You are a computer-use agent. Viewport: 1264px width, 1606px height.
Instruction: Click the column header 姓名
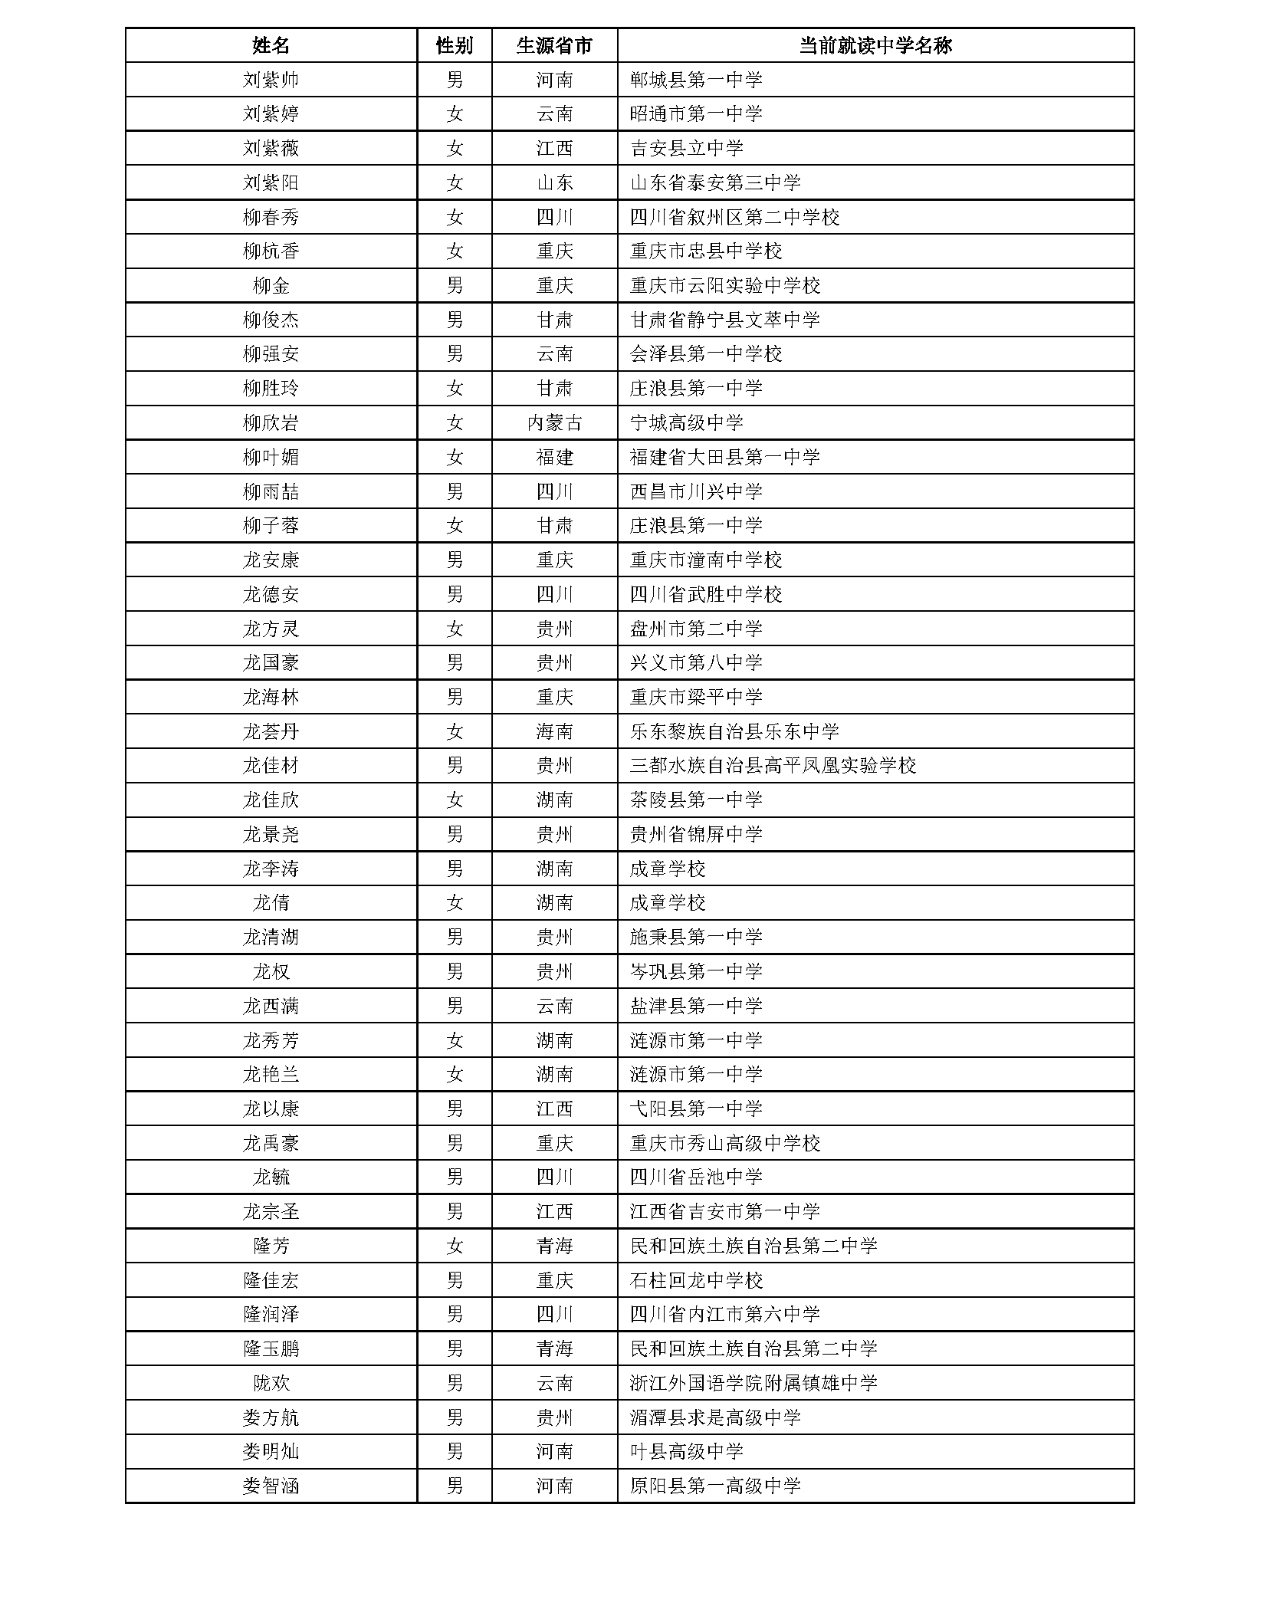271,46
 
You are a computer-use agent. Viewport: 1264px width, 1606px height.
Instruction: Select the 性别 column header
455,46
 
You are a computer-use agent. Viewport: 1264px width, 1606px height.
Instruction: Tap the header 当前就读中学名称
875,46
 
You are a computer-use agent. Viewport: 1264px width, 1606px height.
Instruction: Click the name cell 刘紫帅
271,80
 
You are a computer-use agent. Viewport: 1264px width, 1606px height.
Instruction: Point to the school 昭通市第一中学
696,114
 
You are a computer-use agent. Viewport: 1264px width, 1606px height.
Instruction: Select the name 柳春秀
271,217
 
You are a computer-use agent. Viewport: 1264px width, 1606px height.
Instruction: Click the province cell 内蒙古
554,422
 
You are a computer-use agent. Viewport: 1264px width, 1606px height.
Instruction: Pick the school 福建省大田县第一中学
724,457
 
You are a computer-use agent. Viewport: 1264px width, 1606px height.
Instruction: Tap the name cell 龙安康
271,560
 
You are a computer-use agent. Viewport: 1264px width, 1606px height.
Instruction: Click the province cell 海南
554,731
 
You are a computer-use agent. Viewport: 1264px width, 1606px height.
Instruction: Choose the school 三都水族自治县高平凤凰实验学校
773,766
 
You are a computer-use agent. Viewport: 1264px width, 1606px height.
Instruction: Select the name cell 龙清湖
271,937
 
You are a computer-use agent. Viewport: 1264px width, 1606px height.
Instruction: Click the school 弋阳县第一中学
696,1108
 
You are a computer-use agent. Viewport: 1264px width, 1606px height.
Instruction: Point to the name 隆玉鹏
271,1348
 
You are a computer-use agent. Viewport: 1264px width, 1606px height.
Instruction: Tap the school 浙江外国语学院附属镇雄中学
753,1383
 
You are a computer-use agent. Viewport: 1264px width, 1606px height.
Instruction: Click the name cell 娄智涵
271,1486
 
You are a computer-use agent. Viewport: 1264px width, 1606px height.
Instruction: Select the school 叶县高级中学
686,1451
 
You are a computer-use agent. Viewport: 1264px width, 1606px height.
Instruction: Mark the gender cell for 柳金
455,286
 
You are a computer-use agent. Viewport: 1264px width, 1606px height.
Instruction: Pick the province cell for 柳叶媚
554,457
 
